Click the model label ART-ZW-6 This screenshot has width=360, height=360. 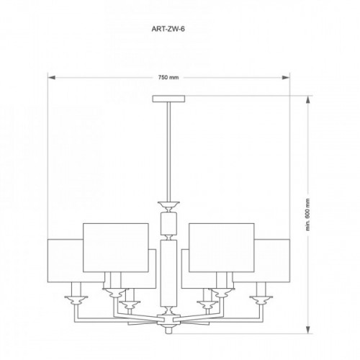point(168,29)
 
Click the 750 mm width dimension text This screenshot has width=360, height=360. point(168,78)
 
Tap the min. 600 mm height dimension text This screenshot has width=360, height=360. point(308,215)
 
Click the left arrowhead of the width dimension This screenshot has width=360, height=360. point(52,78)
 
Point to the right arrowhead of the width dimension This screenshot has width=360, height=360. point(286,78)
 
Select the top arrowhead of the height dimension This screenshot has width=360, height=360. point(308,100)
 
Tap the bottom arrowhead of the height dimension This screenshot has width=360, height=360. point(308,330)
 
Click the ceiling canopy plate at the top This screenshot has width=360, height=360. point(168,99)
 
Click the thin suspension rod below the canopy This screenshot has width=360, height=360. point(168,152)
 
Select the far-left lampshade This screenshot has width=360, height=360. point(66,261)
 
